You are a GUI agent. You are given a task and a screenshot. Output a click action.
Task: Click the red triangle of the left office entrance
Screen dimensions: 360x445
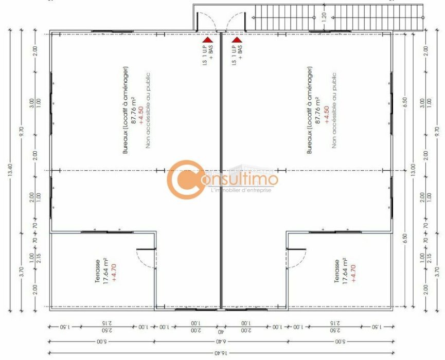[x=207, y=39]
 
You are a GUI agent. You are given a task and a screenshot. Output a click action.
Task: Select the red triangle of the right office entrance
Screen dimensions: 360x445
[x=237, y=39]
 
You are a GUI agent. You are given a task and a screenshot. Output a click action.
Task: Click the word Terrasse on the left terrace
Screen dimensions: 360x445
[x=98, y=271]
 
